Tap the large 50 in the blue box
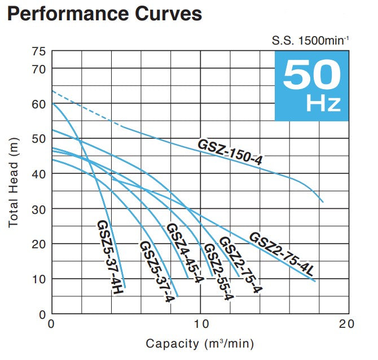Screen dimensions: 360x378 311,75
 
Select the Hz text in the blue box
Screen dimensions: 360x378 323,104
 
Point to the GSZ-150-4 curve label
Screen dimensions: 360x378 230,152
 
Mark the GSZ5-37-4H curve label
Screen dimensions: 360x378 109,257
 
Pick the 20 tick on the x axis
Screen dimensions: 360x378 348,324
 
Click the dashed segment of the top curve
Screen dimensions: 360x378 85,108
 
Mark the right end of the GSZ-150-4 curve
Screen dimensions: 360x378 323,201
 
